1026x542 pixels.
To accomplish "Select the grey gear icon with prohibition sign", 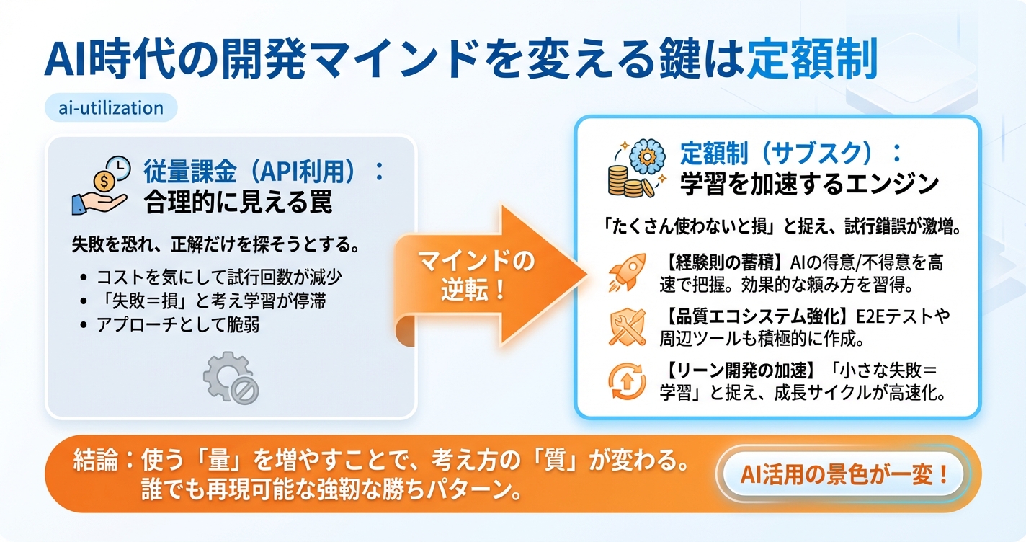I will [231, 379].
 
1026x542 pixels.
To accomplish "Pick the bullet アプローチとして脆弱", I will [178, 324].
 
